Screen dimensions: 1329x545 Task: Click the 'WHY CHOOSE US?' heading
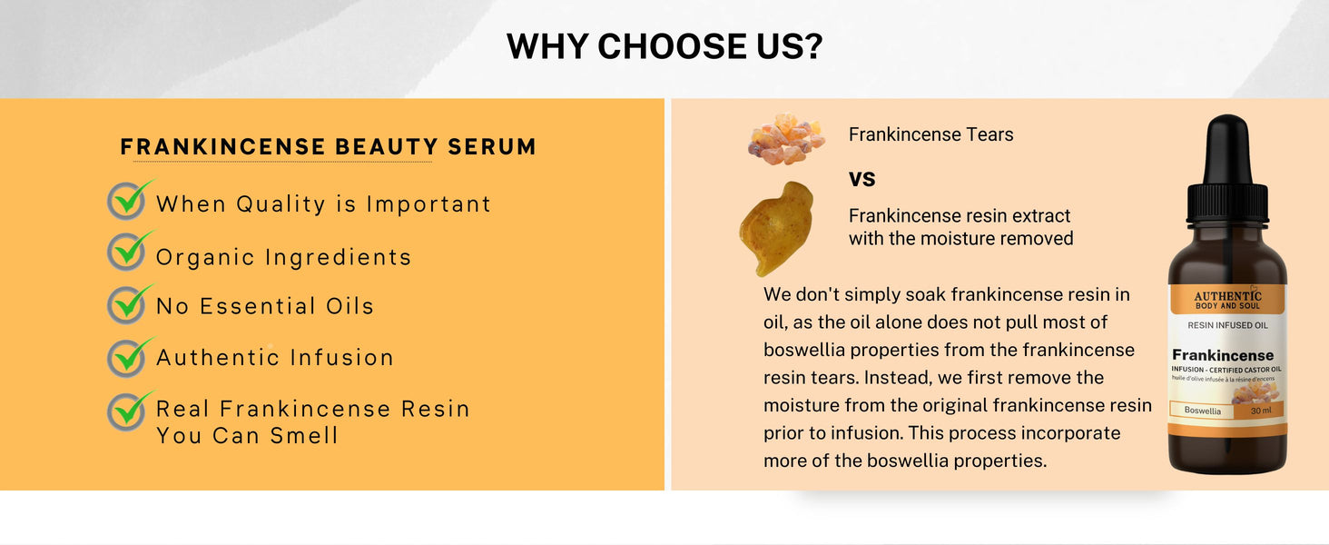(x=664, y=45)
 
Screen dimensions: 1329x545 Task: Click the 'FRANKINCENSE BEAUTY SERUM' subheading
(x=328, y=146)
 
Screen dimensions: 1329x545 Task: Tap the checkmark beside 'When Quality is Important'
(x=129, y=200)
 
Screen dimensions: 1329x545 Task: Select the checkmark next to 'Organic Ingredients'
(x=129, y=251)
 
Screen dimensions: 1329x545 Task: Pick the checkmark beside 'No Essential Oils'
(x=129, y=304)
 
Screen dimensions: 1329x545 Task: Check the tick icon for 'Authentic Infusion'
(x=129, y=357)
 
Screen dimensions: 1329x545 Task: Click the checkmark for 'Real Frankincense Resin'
(x=129, y=411)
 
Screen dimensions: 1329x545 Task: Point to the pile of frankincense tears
(x=786, y=139)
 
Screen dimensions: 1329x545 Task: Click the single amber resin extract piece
(x=776, y=229)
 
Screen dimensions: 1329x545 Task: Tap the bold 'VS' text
(x=862, y=179)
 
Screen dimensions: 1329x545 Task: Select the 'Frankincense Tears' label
(x=930, y=134)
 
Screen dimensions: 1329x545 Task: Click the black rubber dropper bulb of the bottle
(x=1227, y=148)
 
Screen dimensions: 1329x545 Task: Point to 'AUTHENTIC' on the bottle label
(x=1227, y=295)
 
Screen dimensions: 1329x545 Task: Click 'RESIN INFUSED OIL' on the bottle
(x=1227, y=325)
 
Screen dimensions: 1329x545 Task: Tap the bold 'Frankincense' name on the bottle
(x=1223, y=355)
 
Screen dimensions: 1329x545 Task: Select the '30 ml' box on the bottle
(x=1261, y=411)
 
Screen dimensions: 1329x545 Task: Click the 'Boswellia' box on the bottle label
(x=1202, y=411)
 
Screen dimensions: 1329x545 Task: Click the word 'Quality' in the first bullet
(x=281, y=204)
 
